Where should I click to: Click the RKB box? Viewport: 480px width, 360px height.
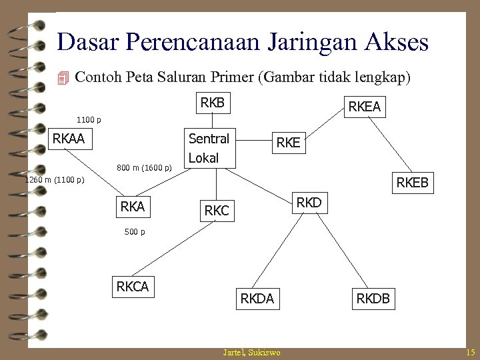[213, 103]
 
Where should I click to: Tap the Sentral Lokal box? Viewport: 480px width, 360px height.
[209, 148]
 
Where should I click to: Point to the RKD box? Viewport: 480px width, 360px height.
[308, 202]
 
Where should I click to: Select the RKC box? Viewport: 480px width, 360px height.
[216, 211]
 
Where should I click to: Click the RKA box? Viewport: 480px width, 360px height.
[133, 207]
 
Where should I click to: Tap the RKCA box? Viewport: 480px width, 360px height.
[133, 287]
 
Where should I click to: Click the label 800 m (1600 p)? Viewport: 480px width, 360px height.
[144, 167]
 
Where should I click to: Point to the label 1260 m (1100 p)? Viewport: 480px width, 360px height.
[54, 180]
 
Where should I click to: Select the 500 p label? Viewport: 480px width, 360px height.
[135, 232]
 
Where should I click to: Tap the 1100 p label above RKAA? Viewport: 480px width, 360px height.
[89, 121]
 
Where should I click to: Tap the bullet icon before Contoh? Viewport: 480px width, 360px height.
[63, 78]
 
